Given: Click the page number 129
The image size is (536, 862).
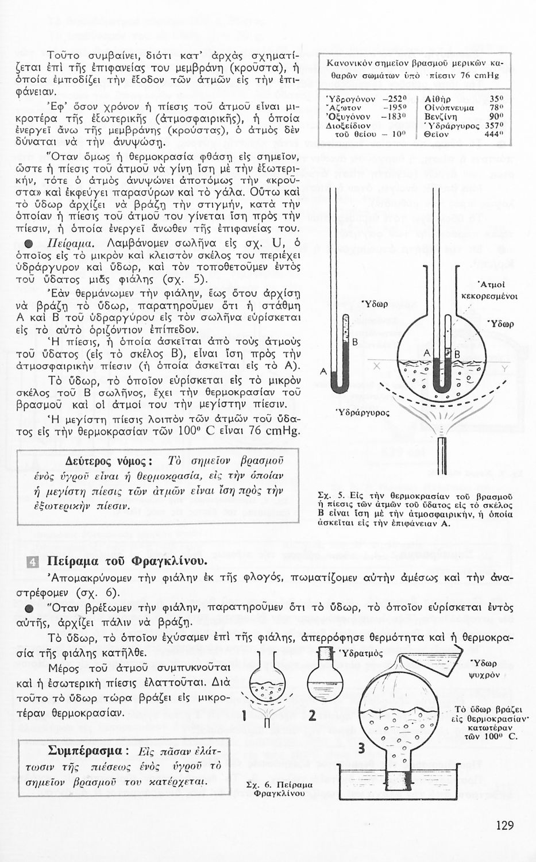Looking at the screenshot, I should (504, 826).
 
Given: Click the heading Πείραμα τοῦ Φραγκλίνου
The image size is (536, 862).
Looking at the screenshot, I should (127, 561).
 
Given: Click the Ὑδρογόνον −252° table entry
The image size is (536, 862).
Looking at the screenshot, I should (359, 98).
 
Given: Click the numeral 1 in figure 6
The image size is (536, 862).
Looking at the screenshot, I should (245, 716).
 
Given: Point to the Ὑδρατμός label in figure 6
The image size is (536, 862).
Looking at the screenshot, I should (363, 653).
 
